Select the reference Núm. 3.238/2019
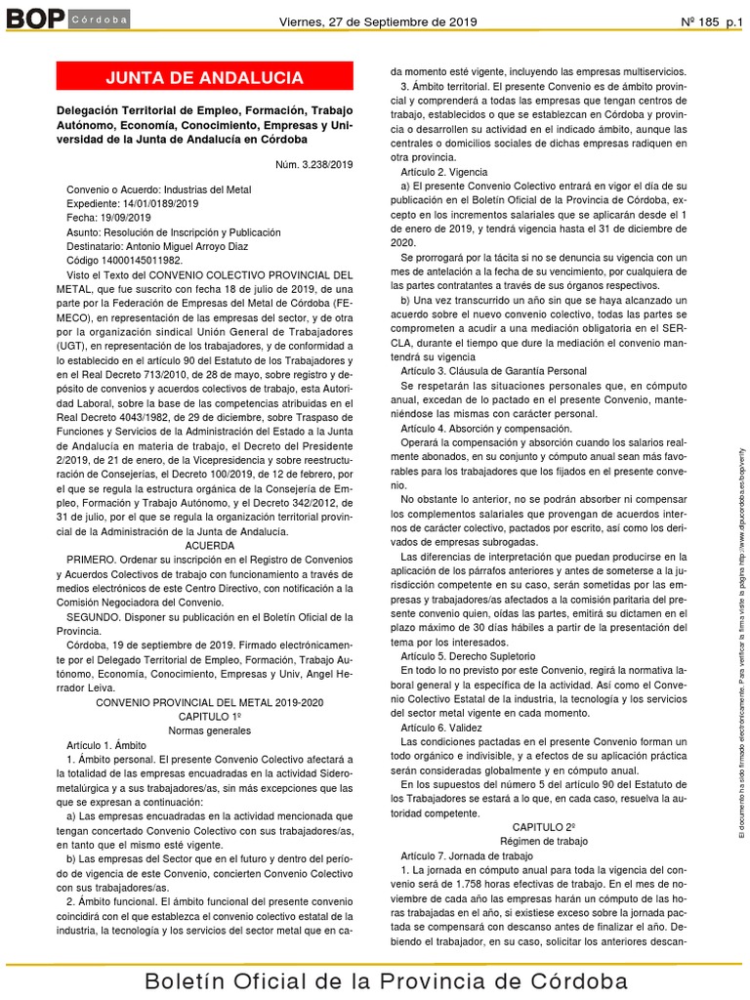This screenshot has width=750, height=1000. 313,164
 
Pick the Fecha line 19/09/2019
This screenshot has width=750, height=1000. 108,218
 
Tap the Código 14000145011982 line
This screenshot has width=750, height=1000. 123,262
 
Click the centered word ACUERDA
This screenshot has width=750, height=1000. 204,547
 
